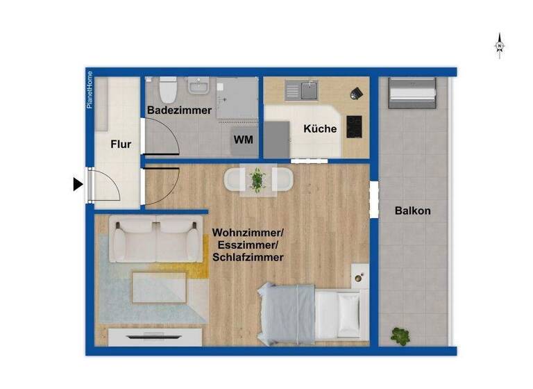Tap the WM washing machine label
click(x=243, y=140)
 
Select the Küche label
click(x=320, y=129)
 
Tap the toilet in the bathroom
click(x=167, y=90)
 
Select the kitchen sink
click(x=305, y=90)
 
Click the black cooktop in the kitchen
click(x=354, y=126)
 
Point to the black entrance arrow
click(x=78, y=184)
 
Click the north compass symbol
click(x=499, y=45)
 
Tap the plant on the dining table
click(x=257, y=180)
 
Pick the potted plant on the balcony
click(x=400, y=336)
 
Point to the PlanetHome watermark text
click(x=90, y=90)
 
